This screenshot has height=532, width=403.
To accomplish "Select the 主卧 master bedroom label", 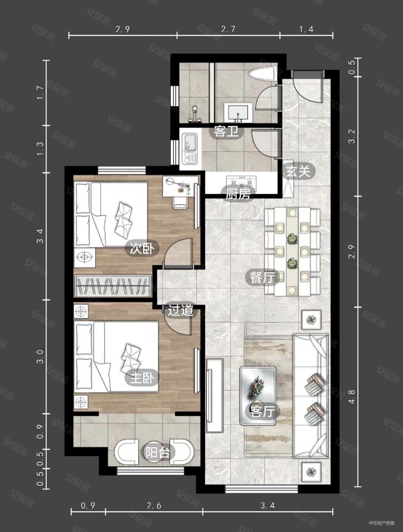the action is point(142,378).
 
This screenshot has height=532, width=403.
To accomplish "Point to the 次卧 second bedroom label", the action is point(142,249).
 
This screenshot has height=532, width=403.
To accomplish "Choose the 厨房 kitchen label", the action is point(238,194).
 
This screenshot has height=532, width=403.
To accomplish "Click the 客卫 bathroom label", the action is point(226,132).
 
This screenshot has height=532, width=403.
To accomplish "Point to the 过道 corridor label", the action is point(180,310).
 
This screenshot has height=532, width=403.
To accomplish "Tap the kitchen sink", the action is point(190,149).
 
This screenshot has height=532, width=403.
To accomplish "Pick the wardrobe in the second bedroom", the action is point(113,286).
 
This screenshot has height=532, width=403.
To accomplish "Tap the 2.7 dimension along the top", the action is point(228,29).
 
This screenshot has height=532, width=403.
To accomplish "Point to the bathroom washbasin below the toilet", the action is point(238,112).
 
